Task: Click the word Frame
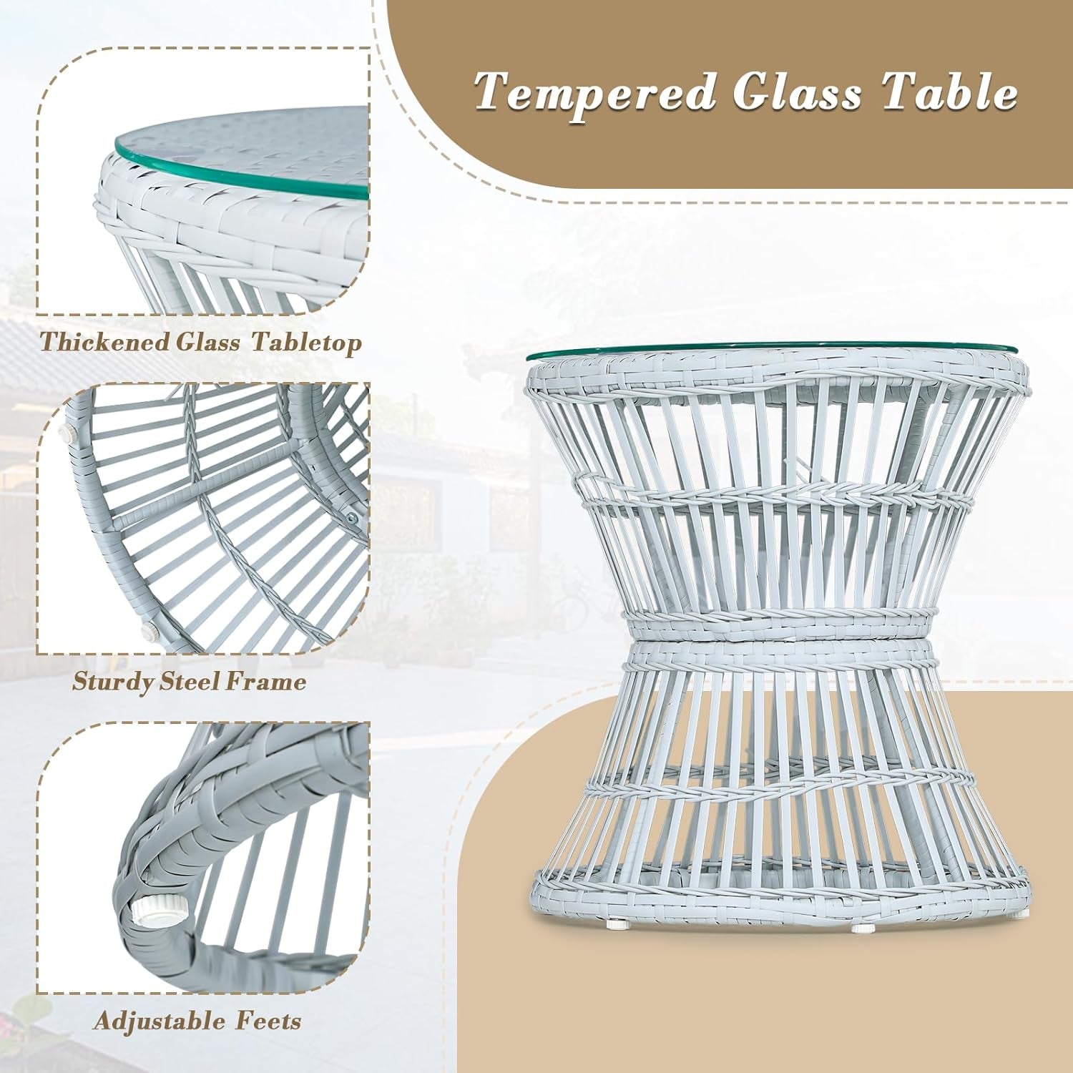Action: pyautogui.click(x=265, y=681)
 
